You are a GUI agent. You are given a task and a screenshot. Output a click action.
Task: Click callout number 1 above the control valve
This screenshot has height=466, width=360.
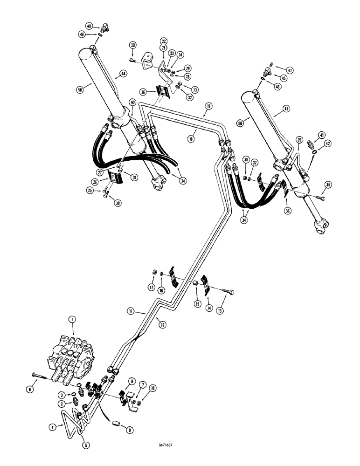(x=71, y=320)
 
